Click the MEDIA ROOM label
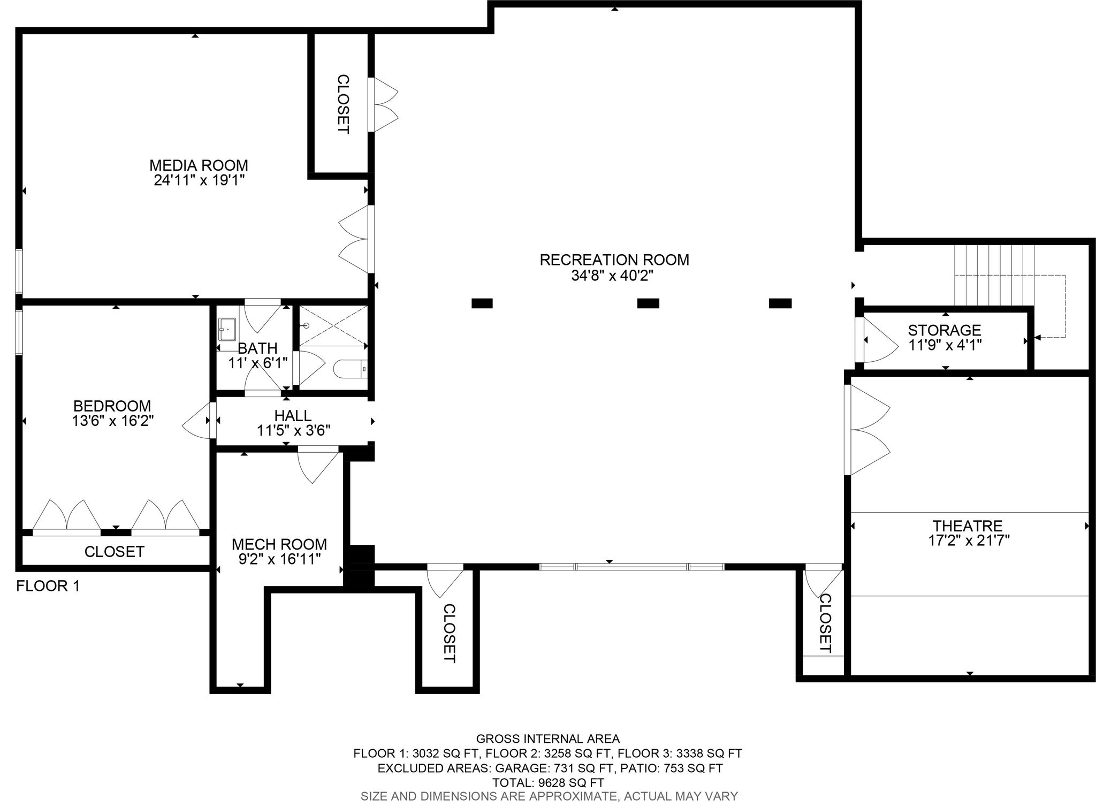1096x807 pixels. (x=199, y=165)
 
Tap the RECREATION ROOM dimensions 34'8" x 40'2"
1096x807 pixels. (x=614, y=276)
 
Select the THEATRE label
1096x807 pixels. (x=968, y=526)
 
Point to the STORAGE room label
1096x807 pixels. (x=945, y=330)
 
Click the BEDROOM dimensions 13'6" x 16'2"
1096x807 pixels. (x=113, y=421)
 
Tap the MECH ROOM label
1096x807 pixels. (x=279, y=544)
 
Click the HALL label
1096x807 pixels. (x=293, y=415)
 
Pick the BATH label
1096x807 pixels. (x=257, y=348)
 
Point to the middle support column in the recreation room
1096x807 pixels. (x=648, y=303)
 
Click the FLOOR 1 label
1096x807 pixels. (x=48, y=587)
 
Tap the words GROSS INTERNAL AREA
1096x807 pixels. (x=548, y=739)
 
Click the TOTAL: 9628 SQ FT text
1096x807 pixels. (x=548, y=782)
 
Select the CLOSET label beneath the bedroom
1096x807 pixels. (x=115, y=552)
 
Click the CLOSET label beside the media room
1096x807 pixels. (x=343, y=104)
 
